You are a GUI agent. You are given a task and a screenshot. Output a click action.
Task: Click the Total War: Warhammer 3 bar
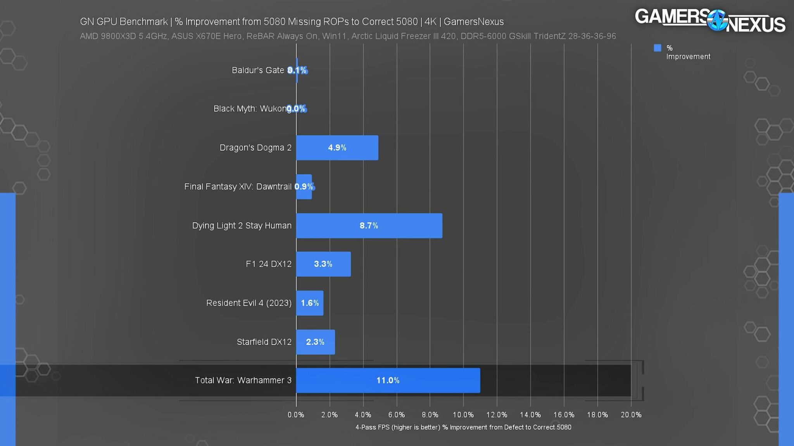[388, 380]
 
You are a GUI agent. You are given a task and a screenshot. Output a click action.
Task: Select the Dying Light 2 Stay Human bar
[369, 225]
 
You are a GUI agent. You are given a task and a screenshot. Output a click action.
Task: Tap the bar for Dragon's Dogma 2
[337, 148]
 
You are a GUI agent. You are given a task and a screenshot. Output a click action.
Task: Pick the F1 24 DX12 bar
[323, 264]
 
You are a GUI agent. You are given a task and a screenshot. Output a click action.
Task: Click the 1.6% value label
[310, 303]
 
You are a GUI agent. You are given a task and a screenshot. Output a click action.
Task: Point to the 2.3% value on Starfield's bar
[315, 342]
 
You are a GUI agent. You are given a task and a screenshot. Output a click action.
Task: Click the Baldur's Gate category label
[257, 70]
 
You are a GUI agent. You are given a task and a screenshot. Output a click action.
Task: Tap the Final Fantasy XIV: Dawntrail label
[237, 187]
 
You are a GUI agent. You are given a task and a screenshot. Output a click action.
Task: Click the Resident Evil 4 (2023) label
[249, 303]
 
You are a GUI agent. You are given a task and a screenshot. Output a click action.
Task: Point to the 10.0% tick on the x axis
[463, 415]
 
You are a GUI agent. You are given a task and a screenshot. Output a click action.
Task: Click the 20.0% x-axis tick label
[631, 415]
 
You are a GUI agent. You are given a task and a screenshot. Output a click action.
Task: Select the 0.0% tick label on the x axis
[296, 415]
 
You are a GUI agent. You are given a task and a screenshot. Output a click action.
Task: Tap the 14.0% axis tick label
[530, 415]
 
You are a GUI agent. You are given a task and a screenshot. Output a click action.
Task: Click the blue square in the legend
[657, 48]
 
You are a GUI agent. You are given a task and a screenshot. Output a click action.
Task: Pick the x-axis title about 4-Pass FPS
[463, 427]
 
